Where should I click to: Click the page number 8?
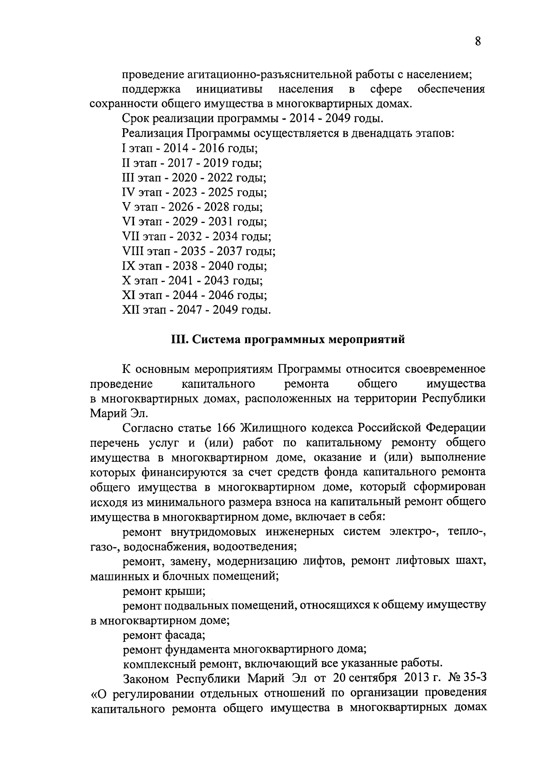pyautogui.click(x=478, y=42)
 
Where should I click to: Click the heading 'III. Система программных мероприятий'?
pyautogui.click(x=288, y=339)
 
